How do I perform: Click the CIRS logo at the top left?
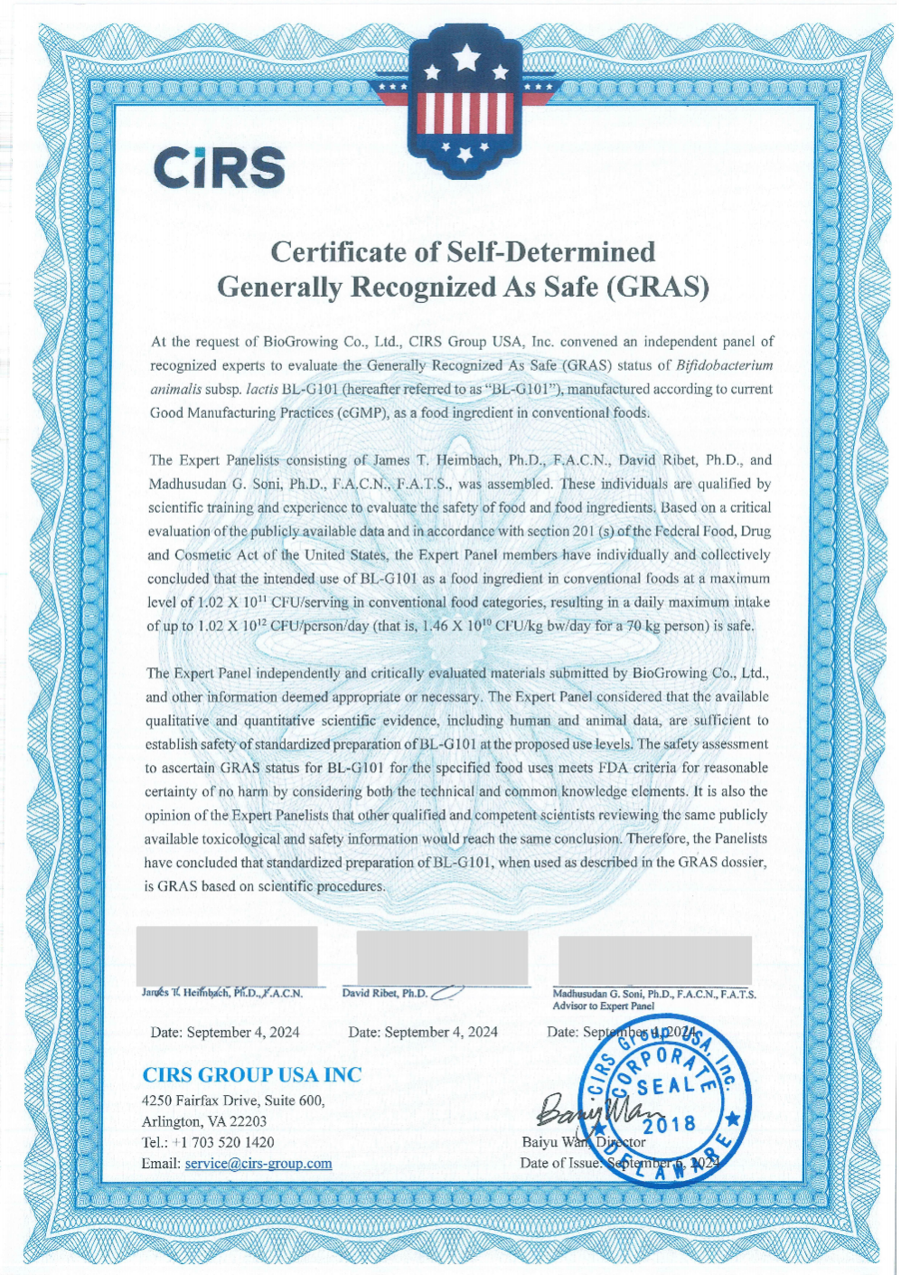click(x=220, y=167)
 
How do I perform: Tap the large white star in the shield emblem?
click(x=466, y=59)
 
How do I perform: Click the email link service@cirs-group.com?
click(x=258, y=1163)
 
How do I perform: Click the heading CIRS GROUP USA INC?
click(x=251, y=1074)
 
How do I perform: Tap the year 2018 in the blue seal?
click(x=670, y=1124)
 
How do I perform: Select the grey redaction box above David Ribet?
click(x=442, y=957)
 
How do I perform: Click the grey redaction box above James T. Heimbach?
click(x=227, y=955)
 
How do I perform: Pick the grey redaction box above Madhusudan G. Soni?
click(x=654, y=960)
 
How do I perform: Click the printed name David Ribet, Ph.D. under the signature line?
click(x=385, y=993)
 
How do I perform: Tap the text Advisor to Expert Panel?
click(x=603, y=1006)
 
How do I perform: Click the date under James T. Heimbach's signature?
click(x=225, y=1032)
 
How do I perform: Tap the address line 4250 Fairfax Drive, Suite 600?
click(x=233, y=1100)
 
